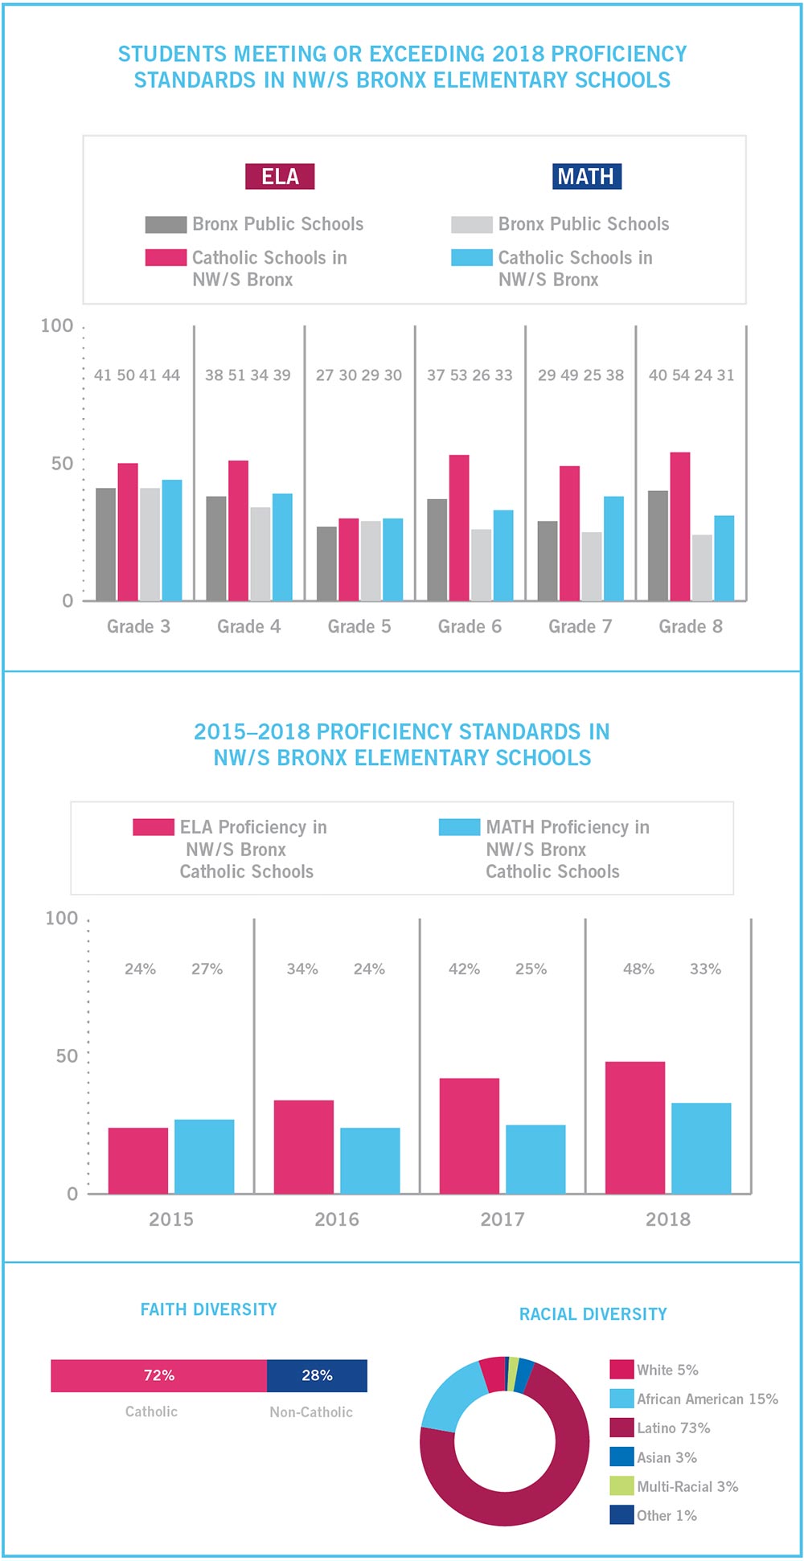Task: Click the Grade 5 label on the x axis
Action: tap(359, 627)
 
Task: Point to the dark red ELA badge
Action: tap(280, 177)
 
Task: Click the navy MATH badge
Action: tap(587, 177)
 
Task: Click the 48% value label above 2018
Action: tap(638, 969)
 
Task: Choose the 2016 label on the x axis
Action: tap(337, 1219)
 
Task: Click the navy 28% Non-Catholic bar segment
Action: tap(317, 1375)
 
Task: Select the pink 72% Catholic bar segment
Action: tap(158, 1375)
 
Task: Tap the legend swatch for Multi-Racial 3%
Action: tap(621, 1486)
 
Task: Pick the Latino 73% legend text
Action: tap(674, 1428)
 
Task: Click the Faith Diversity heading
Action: tap(208, 1309)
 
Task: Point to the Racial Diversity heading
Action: tap(593, 1314)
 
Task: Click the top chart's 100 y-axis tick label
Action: tap(56, 326)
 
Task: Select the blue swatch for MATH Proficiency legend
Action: tap(459, 827)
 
